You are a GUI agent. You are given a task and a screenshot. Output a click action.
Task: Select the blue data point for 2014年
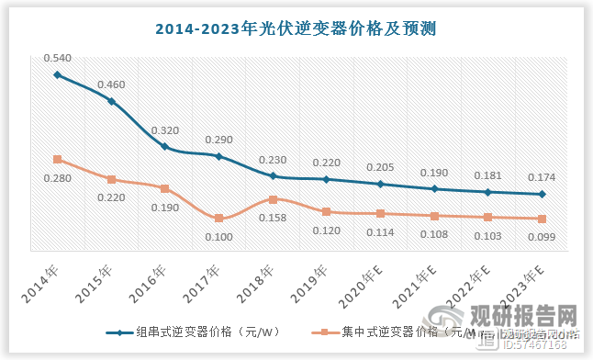57,74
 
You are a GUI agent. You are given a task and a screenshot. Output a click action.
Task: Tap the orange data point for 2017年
218,219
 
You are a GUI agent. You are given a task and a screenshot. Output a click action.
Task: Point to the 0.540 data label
57,58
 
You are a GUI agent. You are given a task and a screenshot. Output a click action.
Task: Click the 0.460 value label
110,84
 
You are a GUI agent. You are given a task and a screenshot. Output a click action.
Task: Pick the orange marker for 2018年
273,198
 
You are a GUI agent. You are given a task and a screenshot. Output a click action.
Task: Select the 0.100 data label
218,238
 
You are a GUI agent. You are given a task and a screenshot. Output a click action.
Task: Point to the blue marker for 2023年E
542,194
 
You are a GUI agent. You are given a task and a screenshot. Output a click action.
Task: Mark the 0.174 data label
542,177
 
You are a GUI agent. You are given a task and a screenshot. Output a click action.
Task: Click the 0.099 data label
542,237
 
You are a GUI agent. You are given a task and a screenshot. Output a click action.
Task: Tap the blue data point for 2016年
164,147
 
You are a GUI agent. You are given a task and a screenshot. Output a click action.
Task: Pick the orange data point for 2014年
57,160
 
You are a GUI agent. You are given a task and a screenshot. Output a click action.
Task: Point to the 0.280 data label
57,178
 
